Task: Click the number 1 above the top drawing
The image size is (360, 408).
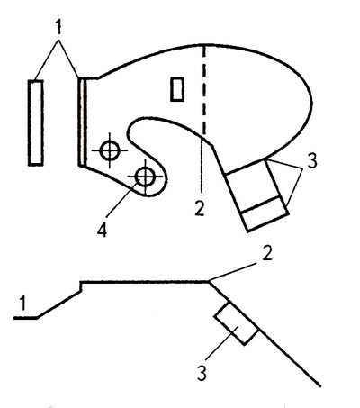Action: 58,27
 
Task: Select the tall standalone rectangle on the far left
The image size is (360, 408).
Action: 36,122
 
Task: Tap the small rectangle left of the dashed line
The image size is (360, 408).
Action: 177,89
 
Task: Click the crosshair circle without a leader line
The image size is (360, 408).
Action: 110,150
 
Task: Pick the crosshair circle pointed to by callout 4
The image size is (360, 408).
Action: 146,177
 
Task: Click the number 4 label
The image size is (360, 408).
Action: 103,230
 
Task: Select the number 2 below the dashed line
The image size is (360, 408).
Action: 200,208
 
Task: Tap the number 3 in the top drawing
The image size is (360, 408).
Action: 312,161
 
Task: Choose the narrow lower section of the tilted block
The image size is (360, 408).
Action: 265,213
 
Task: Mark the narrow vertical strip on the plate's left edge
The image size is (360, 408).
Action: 83,122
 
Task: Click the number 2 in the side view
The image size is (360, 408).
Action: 266,253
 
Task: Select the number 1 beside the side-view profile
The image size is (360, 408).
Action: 22,303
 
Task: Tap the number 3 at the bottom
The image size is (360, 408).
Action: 202,373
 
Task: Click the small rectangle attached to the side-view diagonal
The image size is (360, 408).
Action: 236,323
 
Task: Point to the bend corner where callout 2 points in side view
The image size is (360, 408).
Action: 209,282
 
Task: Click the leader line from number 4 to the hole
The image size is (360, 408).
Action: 123,199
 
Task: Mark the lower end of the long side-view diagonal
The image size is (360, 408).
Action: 319,386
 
